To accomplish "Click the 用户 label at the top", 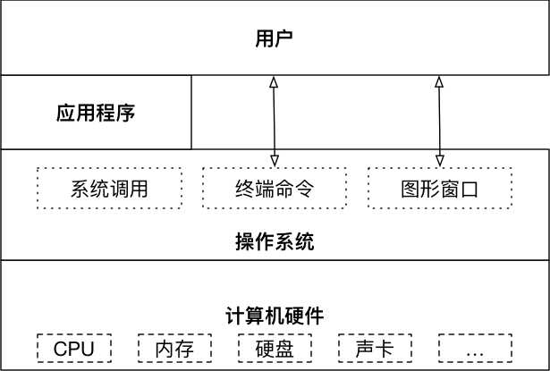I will click(275, 38).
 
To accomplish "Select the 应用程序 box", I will click(96, 113).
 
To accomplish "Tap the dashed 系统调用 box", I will click(108, 189).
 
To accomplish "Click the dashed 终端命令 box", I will click(275, 189).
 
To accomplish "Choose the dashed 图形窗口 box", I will click(439, 189).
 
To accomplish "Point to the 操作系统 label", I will click(275, 241).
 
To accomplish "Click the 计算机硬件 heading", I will click(275, 316).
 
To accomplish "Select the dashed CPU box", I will click(73, 348).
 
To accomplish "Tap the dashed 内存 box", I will click(173, 348).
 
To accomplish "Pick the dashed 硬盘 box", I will click(275, 348).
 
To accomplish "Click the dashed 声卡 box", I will click(374, 348).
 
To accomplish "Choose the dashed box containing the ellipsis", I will click(474, 348).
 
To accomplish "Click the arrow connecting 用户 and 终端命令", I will click(275, 121).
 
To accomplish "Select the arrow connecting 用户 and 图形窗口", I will click(439, 121).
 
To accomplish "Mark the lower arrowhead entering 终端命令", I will click(275, 160).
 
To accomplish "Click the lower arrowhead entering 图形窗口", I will click(439, 160).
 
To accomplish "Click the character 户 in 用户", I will click(284, 38).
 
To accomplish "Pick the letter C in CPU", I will click(60, 348).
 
